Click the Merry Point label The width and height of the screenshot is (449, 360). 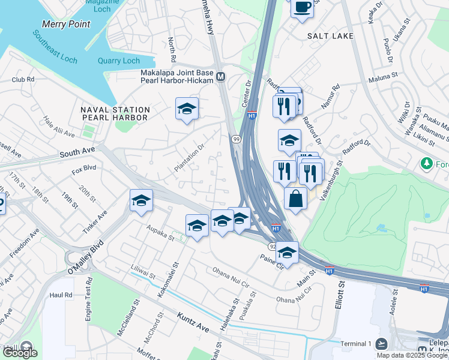(66, 25)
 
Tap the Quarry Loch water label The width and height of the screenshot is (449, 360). (119, 61)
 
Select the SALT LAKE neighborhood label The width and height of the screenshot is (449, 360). (330, 36)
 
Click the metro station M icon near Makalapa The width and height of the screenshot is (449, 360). (221, 76)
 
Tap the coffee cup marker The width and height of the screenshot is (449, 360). (302, 8)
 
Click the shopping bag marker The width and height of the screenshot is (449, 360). (296, 199)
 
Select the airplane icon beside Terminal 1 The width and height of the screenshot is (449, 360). (382, 344)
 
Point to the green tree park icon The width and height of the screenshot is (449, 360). (427, 163)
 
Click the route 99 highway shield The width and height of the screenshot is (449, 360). (237, 139)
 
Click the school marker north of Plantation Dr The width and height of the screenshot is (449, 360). (187, 109)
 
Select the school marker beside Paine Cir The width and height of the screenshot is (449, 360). (288, 253)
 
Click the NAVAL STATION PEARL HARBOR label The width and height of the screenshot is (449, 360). (115, 114)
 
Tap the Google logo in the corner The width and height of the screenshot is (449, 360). (19, 353)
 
